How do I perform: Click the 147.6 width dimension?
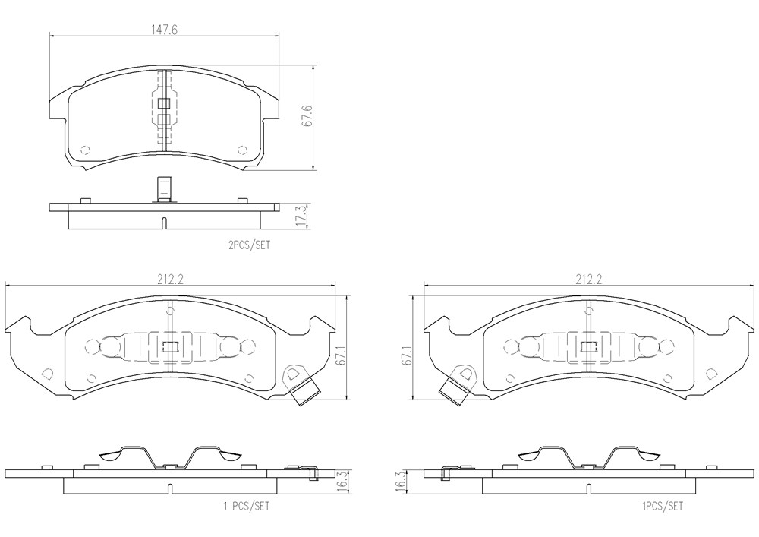[x=165, y=30]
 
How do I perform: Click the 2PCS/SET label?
[x=249, y=245]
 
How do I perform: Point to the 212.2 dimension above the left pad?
[x=169, y=280]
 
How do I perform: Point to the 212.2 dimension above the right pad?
[x=589, y=280]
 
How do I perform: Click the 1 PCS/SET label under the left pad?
[x=246, y=507]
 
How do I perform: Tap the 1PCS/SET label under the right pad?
[x=663, y=507]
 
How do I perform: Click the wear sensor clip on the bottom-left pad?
[x=300, y=384]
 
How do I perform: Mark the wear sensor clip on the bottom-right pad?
[x=459, y=384]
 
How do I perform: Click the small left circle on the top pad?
[x=85, y=149]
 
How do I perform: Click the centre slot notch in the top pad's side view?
[x=164, y=223]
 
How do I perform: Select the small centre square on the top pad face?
[x=165, y=103]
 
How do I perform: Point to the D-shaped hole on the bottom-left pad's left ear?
[x=47, y=374]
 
